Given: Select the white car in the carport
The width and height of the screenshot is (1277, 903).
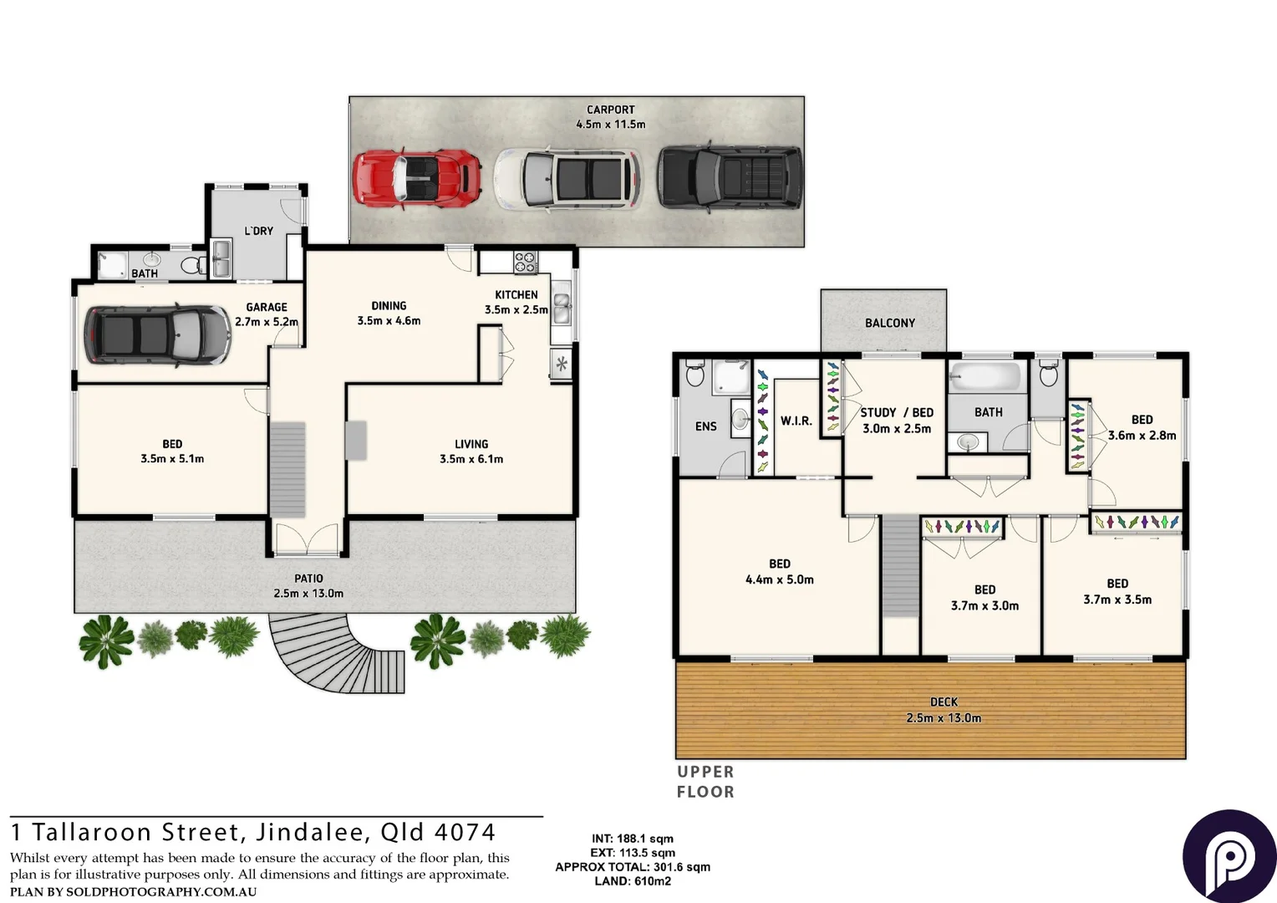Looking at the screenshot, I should pos(568,178).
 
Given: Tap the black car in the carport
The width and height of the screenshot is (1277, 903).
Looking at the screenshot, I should pos(730,177).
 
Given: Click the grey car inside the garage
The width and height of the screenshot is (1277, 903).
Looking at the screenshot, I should pos(157,334).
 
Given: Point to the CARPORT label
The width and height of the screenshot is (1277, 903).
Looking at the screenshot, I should pos(610,110).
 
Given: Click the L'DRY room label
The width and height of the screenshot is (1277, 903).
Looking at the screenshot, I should pos(258,231).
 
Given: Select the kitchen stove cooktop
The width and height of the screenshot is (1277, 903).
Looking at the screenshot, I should pos(526,262).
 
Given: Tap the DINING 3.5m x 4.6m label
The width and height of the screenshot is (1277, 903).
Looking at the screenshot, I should pos(389,313).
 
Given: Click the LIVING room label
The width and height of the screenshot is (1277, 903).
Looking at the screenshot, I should pos(471,444).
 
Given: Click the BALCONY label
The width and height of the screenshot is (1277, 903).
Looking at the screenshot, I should pos(889,323).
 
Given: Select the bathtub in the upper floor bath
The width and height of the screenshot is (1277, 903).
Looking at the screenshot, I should pos(987,377).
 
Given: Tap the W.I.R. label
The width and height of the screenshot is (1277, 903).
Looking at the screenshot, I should pos(796,421).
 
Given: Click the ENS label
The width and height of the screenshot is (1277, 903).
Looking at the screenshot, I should pos(705,426).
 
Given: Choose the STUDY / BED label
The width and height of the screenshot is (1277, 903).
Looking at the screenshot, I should pos(897,412).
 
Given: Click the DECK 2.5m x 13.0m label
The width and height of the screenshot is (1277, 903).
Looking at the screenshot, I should pos(944,710).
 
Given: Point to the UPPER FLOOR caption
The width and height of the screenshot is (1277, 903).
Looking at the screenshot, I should pos(705,782).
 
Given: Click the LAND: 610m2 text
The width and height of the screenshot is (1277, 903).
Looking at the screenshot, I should pos(633,881).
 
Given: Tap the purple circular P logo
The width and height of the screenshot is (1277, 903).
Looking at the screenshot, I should pos(1229,856).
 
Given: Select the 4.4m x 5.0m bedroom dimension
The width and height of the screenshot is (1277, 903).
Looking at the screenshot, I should pos(779,579).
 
